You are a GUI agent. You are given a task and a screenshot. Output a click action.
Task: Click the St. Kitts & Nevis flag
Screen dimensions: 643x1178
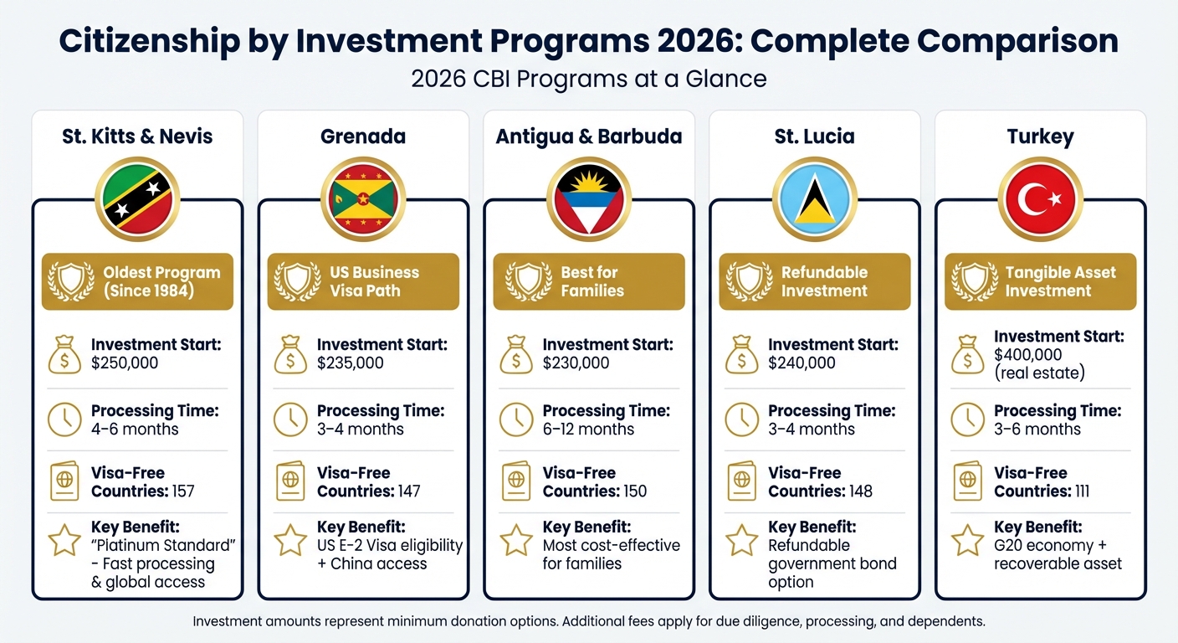pos(137,199)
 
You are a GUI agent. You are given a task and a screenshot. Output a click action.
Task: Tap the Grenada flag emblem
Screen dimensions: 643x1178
pos(363,199)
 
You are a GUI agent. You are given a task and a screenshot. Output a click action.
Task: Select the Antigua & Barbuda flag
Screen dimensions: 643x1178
pos(589,199)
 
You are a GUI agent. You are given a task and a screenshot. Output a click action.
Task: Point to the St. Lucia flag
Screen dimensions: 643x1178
pos(814,199)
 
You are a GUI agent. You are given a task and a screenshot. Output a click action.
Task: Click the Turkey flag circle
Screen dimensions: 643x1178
pos(1040,199)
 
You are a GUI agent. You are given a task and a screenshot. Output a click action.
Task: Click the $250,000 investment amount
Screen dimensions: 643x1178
pos(125,363)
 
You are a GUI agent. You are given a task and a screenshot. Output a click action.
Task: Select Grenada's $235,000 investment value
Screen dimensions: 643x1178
pos(351,363)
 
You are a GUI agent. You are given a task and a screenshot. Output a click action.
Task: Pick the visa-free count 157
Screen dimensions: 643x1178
pos(182,491)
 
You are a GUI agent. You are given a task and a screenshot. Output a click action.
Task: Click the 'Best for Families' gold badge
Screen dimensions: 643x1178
pos(589,282)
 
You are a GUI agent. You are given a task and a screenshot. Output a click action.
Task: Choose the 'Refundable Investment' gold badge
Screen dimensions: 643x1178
pos(814,282)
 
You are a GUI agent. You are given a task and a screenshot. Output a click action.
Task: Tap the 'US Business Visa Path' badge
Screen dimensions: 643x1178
pos(363,282)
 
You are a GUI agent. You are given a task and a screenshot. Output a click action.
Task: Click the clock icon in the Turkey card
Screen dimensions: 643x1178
pos(968,419)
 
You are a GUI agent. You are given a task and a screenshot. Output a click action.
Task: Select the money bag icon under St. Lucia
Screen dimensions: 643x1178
pos(742,354)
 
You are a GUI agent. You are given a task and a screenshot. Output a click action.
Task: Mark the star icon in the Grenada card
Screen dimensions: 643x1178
pos(290,541)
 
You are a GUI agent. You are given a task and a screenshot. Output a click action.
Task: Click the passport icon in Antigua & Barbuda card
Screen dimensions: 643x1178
pos(516,481)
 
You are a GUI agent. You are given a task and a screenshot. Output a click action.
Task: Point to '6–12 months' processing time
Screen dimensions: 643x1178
pos(588,430)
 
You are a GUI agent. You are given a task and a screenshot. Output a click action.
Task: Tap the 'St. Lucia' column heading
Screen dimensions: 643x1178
pos(814,136)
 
